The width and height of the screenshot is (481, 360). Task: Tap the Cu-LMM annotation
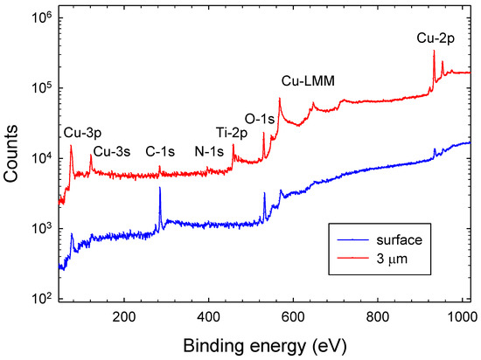tap(309, 81)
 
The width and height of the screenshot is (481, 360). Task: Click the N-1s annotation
tap(210, 150)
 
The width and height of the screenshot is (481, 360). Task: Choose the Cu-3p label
tap(80, 133)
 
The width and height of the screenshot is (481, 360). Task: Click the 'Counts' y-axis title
tap(12, 159)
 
